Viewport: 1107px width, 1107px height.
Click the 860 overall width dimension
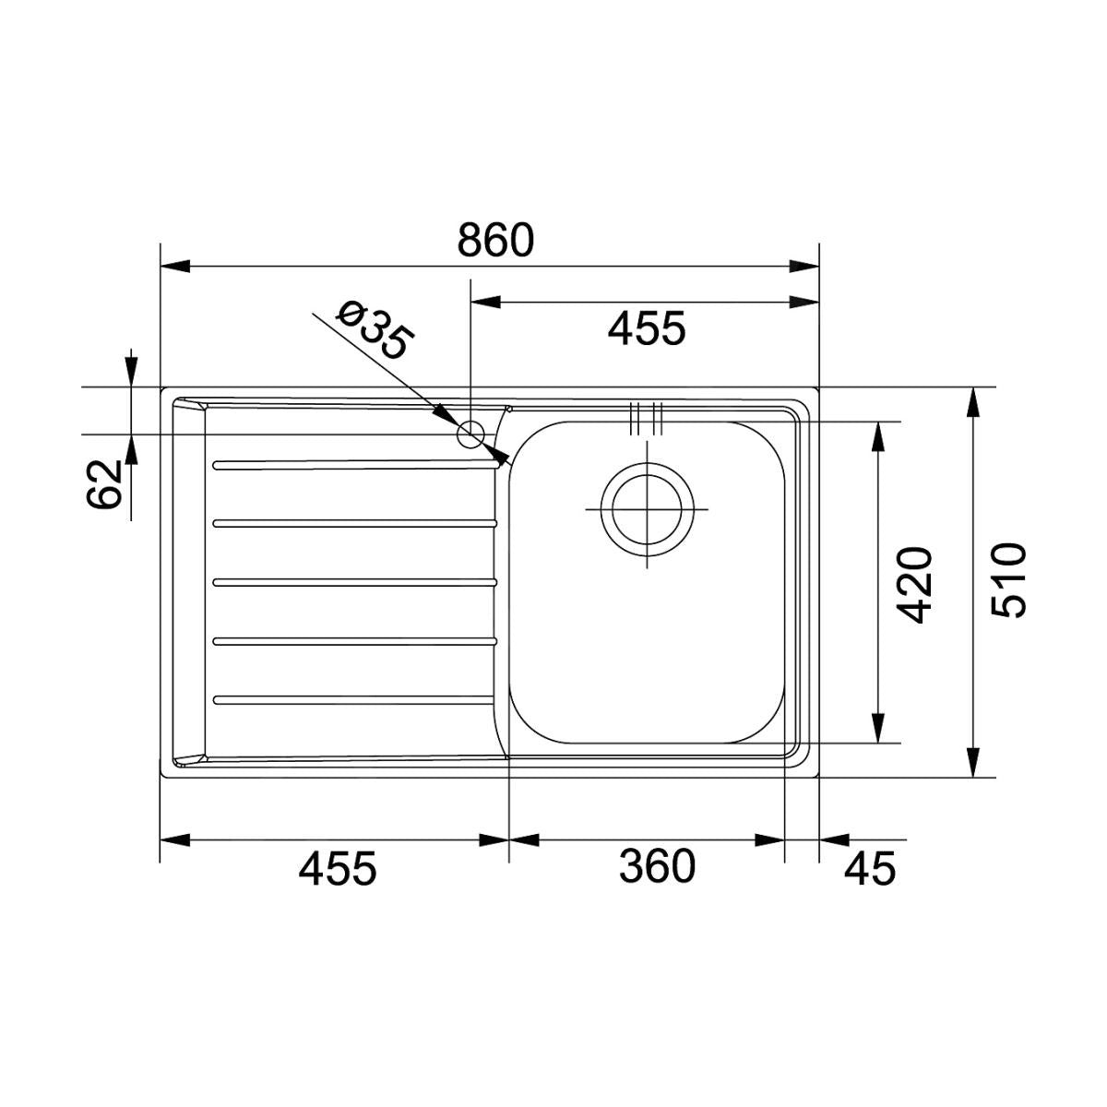tap(495, 241)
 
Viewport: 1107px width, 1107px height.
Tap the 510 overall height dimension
tap(1009, 580)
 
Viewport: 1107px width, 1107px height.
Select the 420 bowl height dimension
tap(914, 586)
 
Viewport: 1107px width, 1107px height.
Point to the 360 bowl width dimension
tap(657, 867)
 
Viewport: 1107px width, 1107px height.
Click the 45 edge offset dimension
tap(869, 868)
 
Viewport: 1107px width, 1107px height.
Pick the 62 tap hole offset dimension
tap(104, 484)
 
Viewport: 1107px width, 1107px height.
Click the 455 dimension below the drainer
tap(338, 868)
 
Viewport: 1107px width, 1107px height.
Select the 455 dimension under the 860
tap(647, 329)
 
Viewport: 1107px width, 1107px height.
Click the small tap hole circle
tap(470, 434)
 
